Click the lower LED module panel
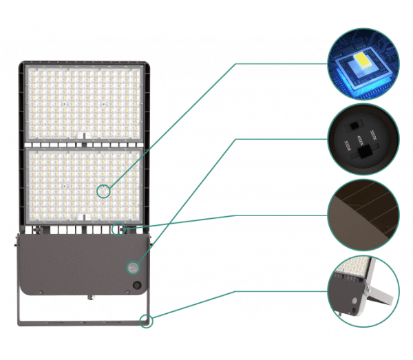click(86, 182)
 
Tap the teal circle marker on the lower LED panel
click(103, 191)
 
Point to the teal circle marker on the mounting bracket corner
click(145, 320)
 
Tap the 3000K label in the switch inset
click(377, 131)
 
